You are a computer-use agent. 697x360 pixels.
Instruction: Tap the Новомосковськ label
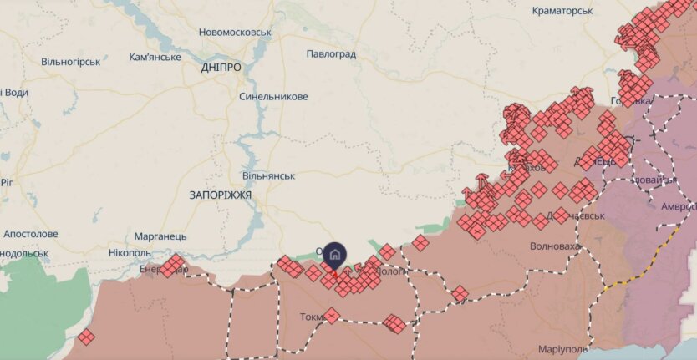[236, 32]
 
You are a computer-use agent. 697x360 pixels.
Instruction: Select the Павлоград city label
[332, 54]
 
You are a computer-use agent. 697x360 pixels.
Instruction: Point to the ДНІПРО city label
[221, 68]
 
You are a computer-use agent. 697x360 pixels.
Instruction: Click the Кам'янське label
[155, 57]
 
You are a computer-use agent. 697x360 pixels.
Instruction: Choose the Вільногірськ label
[71, 61]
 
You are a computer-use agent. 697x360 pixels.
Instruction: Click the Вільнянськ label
[269, 176]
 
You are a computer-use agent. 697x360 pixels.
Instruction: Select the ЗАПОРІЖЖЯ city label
[215, 194]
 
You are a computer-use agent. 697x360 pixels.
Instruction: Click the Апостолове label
[31, 234]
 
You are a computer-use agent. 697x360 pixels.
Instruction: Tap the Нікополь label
[130, 252]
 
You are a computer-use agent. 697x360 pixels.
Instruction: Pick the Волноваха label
[556, 246]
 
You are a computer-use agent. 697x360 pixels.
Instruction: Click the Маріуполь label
[563, 348]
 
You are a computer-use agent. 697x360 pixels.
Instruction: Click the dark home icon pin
[334, 253]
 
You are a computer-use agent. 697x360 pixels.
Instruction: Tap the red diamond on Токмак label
[332, 315]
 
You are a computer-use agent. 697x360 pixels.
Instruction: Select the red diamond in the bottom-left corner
[86, 337]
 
